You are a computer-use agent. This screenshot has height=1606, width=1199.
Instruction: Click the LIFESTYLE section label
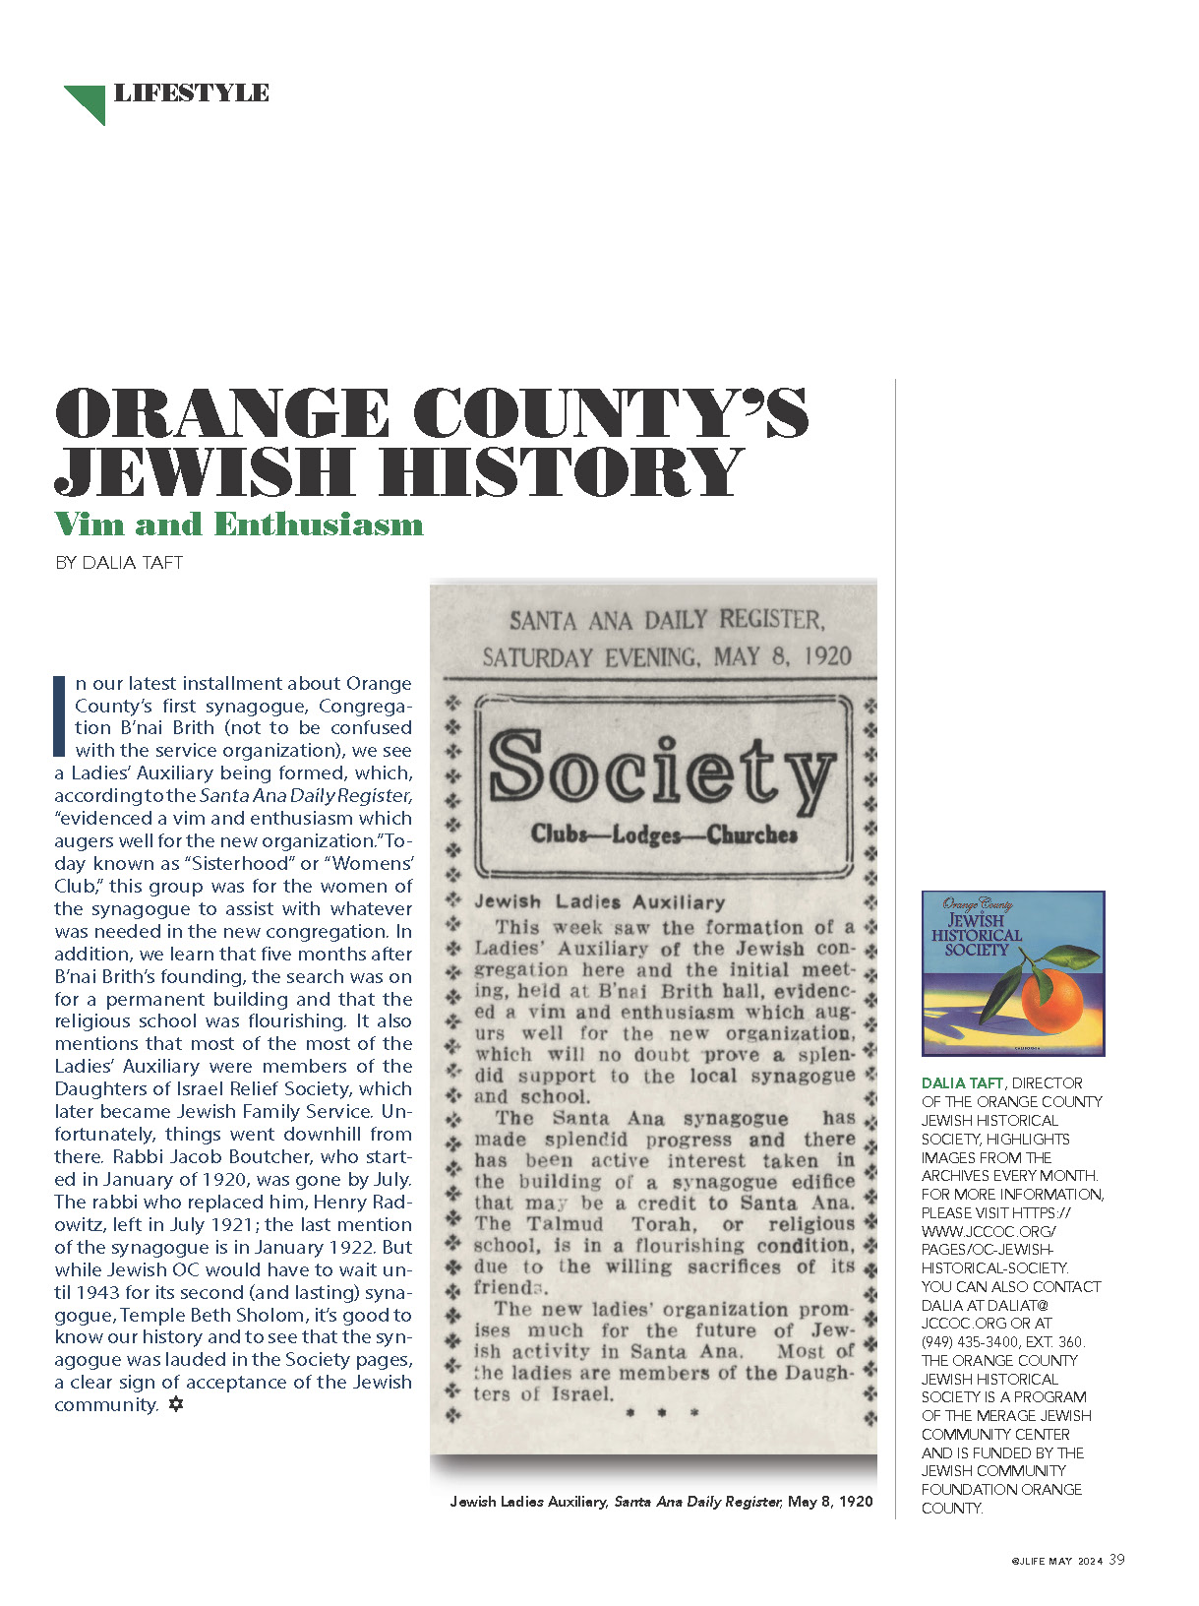(191, 93)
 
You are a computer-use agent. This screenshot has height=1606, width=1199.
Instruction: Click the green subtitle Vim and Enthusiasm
(239, 524)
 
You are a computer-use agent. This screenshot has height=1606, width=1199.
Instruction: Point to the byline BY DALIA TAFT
(119, 563)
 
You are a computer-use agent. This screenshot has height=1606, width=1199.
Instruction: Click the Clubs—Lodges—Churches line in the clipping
(664, 835)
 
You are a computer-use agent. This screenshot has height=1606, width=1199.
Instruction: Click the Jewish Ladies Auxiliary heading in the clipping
(599, 901)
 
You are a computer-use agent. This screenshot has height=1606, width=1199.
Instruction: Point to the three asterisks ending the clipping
(662, 1413)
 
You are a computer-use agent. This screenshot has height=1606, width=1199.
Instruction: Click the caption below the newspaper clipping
(661, 1502)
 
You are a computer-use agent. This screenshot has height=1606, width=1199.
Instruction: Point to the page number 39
(1116, 1560)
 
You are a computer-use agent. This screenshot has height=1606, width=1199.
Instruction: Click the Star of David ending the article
(176, 1404)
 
